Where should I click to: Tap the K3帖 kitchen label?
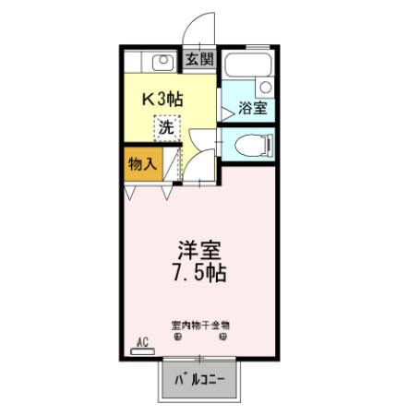coord(161,99)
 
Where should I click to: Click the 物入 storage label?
coord(141,164)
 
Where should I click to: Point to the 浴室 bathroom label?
coord(252,108)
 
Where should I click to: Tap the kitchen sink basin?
coord(162,63)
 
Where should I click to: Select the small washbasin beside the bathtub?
coord(266,87)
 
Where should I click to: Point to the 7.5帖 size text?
coord(200,273)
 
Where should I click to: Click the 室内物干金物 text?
coord(200,325)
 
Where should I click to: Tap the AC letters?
coord(142,341)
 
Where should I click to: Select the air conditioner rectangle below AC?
coord(142,350)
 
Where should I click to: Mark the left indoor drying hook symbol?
coord(176,337)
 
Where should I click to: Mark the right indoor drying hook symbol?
coord(222,337)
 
